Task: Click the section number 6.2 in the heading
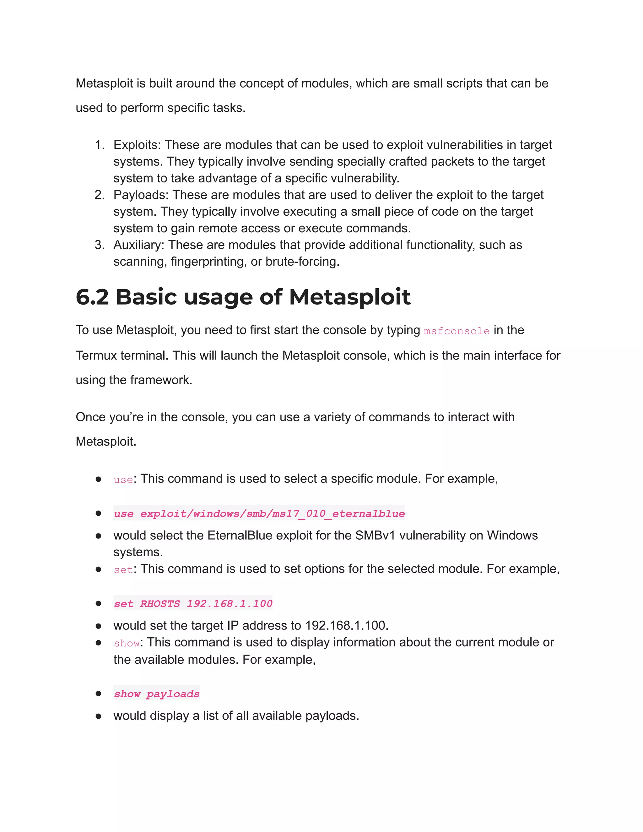(92, 297)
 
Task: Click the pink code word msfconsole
(456, 331)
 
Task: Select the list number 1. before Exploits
(100, 145)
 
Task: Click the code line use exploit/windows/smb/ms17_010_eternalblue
(259, 514)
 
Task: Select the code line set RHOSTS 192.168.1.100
(193, 603)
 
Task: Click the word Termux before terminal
(96, 355)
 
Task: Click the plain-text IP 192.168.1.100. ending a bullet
(347, 625)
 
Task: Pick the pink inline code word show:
(127, 643)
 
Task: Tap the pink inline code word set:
(123, 570)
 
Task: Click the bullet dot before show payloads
(98, 693)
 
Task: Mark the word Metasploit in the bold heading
(349, 297)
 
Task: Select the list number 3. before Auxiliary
(100, 245)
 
